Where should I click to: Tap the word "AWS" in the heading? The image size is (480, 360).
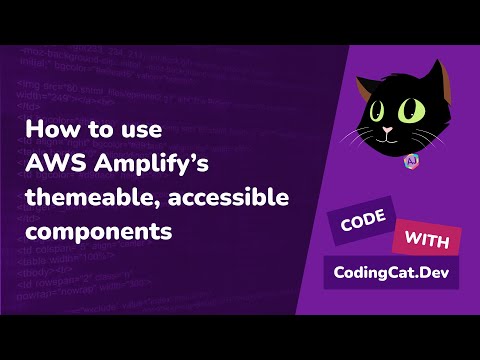49,164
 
